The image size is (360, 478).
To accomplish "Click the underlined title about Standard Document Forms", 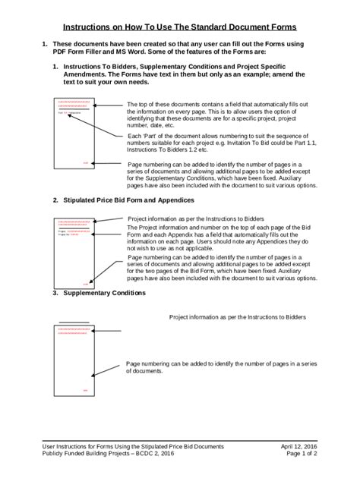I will click(179, 26).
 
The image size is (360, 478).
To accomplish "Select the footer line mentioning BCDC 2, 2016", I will click(108, 458).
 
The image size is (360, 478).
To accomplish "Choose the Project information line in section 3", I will click(237, 317).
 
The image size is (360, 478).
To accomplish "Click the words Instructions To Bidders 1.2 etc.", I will click(168, 149).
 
